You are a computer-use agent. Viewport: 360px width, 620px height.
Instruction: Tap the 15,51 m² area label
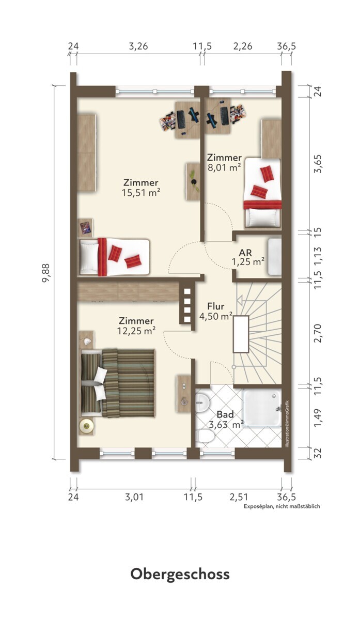141,192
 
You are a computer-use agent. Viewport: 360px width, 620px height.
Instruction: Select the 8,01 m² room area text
224,167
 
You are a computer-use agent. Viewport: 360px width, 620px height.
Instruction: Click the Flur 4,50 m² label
216,311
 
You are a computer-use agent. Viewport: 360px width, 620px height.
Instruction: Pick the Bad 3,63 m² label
226,420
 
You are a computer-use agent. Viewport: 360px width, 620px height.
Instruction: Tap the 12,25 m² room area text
136,331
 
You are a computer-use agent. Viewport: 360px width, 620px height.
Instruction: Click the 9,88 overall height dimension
45,273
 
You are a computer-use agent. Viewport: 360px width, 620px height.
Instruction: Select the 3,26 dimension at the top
138,45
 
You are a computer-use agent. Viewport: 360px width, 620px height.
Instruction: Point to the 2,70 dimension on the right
318,333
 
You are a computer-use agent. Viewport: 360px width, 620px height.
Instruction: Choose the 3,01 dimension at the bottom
134,497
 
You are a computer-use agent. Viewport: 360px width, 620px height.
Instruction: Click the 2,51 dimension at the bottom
239,497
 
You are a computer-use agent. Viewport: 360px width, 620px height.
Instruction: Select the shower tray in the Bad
262,408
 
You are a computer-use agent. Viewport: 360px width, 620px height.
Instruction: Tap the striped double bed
117,383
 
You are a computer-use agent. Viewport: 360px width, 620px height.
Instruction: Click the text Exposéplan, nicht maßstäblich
281,506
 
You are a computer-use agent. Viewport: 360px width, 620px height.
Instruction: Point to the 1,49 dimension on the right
318,418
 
